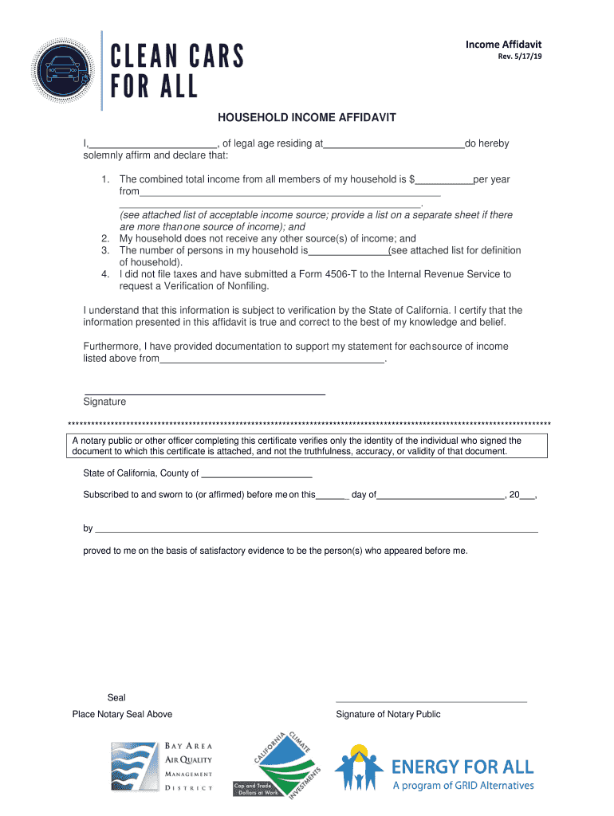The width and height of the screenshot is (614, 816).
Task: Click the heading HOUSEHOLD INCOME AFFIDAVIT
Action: tap(307, 118)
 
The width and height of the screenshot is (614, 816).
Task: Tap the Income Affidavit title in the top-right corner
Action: tap(508, 45)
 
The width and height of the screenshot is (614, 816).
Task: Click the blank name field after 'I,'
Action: tap(153, 145)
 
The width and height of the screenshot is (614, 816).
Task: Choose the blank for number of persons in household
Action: tap(348, 252)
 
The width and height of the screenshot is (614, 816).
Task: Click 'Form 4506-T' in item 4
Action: tap(328, 274)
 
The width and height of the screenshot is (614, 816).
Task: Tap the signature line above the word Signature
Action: tap(204, 394)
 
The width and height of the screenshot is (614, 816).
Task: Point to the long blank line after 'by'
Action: tap(316, 530)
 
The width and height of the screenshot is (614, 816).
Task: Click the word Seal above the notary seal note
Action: tap(116, 698)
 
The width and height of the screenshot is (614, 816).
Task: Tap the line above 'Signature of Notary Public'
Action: tap(431, 701)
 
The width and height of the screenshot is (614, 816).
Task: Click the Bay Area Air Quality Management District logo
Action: tap(162, 767)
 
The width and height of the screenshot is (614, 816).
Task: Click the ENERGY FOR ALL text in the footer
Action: tap(462, 767)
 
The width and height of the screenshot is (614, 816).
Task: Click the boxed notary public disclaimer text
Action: tap(307, 446)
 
